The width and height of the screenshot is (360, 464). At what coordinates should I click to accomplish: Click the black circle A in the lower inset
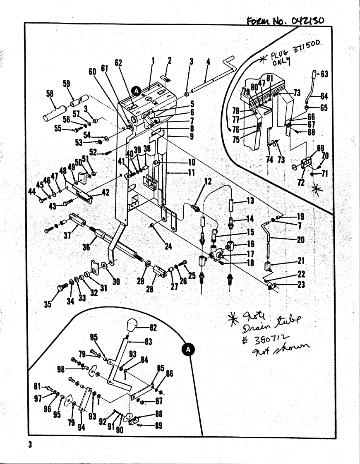click(x=189, y=349)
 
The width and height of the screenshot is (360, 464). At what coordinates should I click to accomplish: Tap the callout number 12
click(x=208, y=181)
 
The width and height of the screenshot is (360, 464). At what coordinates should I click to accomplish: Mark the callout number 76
click(x=236, y=129)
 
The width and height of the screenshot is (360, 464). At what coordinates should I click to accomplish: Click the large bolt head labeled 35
click(x=62, y=288)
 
